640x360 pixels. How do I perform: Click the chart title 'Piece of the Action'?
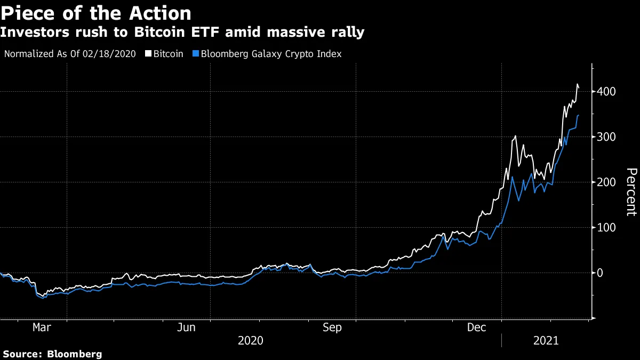coord(96,12)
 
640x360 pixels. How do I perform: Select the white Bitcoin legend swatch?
coord(148,54)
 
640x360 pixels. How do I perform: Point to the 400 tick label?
coord(607,92)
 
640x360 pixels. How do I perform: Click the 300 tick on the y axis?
coord(607,137)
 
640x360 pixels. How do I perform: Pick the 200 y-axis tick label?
coord(607,182)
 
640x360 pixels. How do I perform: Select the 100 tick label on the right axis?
coord(607,228)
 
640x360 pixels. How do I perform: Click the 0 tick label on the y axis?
coord(600,273)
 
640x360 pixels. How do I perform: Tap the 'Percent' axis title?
coord(631,192)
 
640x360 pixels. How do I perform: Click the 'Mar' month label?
coord(42,327)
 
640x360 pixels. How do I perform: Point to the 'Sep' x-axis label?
coord(332,327)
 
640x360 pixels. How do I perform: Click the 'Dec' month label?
coord(476,327)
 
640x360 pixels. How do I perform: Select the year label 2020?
coord(250,340)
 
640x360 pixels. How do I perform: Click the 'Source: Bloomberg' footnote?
coord(52,354)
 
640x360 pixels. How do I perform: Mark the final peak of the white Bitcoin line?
coord(578,84)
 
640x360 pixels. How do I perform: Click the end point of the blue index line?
coord(580,115)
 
